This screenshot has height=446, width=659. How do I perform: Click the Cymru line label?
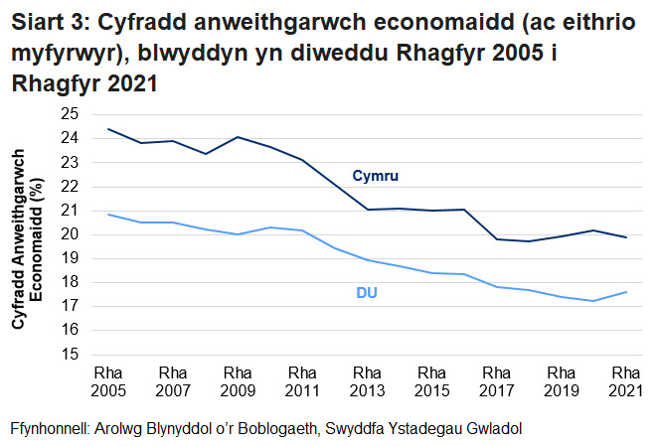[375, 176]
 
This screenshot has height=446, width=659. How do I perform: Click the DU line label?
[367, 293]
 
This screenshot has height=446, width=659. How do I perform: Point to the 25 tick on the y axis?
[71, 114]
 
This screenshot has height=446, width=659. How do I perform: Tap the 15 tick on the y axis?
[71, 354]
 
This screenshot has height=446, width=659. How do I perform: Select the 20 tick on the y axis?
[71, 234]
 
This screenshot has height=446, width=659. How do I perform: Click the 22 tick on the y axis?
[71, 187]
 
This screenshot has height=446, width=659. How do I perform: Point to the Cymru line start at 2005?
[108, 129]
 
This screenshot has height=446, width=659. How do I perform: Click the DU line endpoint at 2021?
[625, 291]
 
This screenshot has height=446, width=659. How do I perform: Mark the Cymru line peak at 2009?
[238, 137]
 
